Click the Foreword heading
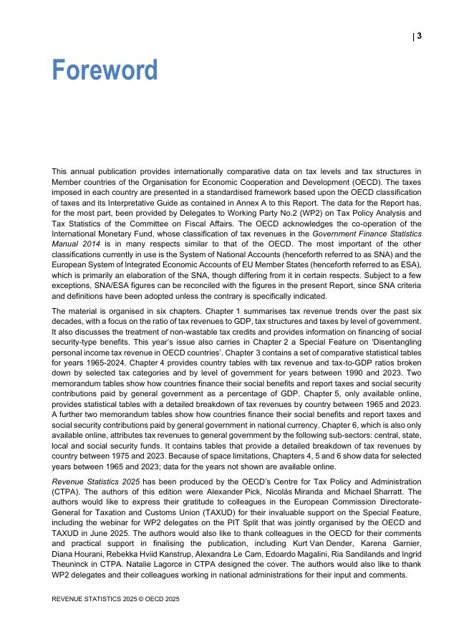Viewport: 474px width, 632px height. pos(105,70)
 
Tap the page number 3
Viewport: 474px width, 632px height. pos(419,36)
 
